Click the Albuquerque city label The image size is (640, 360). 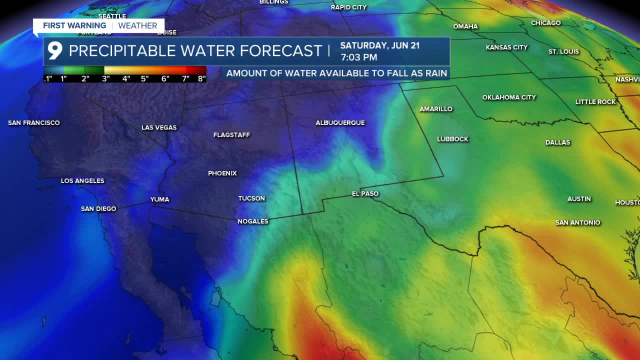[x=340, y=122]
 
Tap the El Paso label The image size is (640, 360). [x=365, y=193]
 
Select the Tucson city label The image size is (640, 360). [x=251, y=198]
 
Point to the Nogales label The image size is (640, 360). [x=253, y=221]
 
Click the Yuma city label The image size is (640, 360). [x=159, y=199]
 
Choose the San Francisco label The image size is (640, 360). [x=34, y=122]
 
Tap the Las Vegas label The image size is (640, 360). [x=159, y=127]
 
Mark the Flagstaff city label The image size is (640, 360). [x=231, y=135]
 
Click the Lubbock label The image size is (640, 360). [x=452, y=139]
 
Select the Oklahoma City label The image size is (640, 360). [x=509, y=97]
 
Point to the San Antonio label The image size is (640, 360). [x=577, y=222]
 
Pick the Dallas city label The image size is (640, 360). [x=557, y=142]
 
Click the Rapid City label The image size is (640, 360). [x=348, y=7]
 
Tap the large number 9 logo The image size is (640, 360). [x=55, y=50]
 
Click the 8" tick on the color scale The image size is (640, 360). [x=201, y=78]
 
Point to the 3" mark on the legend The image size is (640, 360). [x=106, y=78]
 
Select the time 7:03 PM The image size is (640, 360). [x=358, y=57]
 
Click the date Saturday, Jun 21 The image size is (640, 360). [x=379, y=45]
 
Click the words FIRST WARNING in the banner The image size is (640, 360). [x=74, y=25]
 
